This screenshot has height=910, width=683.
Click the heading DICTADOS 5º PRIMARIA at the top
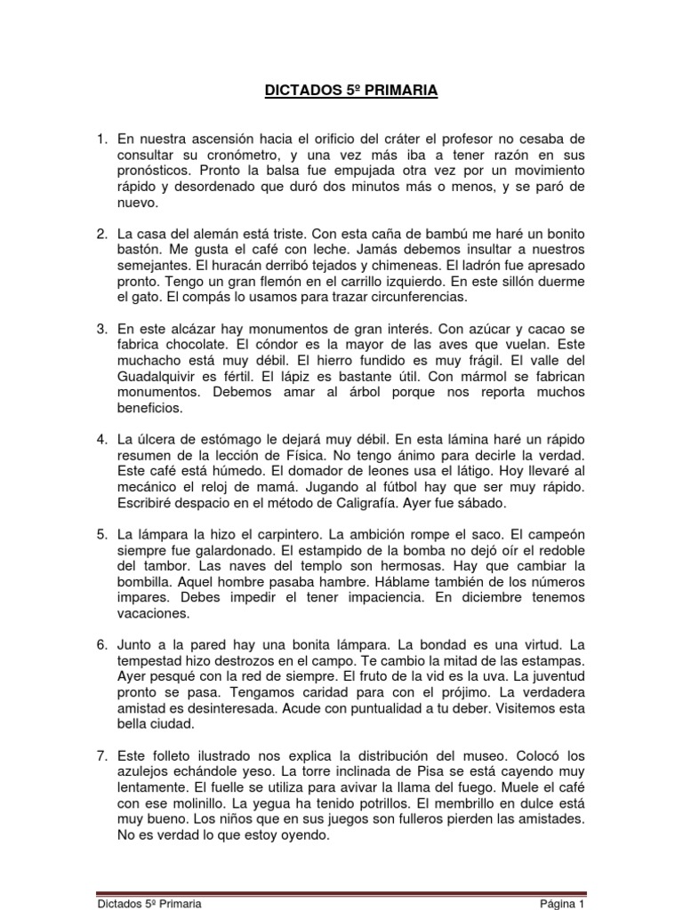click(341, 91)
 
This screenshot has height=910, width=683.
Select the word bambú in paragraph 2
click(427, 234)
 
